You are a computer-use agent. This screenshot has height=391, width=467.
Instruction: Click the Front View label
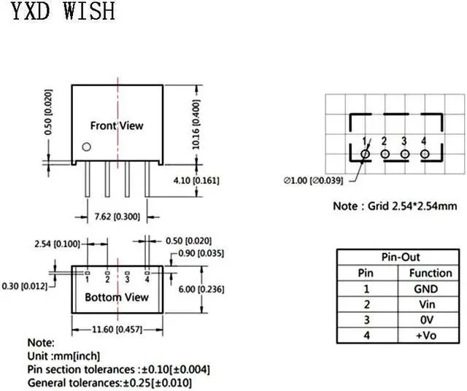(x=117, y=125)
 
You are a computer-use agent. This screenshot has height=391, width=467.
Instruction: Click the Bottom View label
(x=117, y=297)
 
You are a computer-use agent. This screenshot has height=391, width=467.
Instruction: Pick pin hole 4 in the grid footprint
(x=424, y=154)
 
